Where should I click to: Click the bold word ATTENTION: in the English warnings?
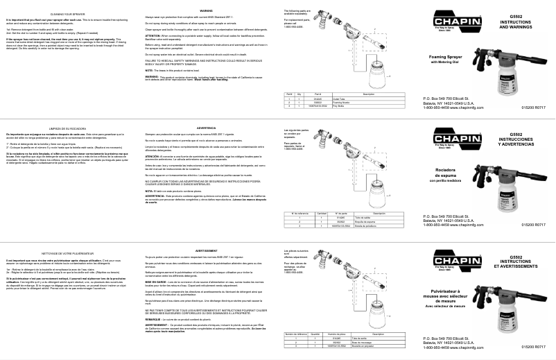(x=173, y=35)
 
